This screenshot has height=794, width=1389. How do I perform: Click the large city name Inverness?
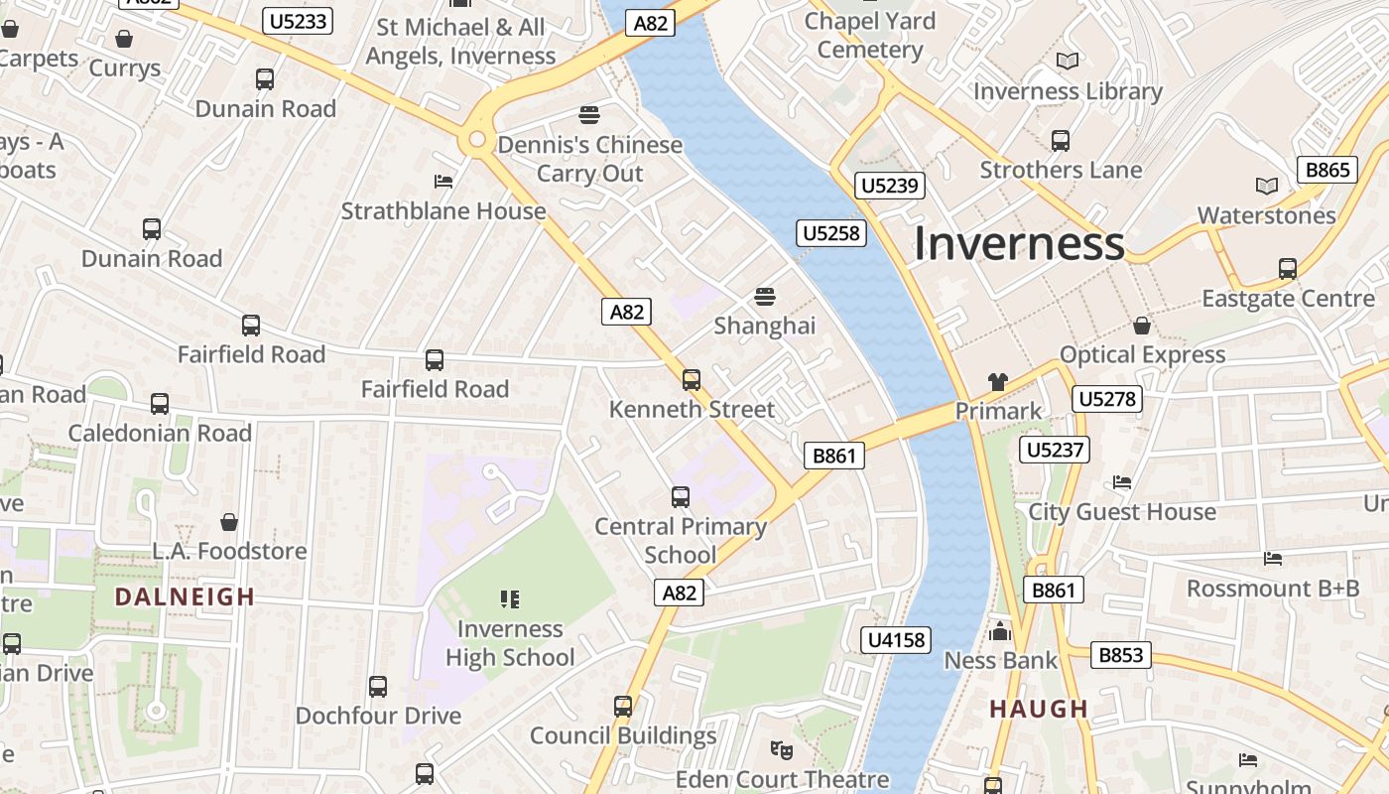pyautogui.click(x=1019, y=244)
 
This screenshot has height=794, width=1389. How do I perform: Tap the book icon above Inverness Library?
pyautogui.click(x=1068, y=62)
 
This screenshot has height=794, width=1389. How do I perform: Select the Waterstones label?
pyautogui.click(x=1266, y=215)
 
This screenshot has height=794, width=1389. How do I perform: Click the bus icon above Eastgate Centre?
pyautogui.click(x=1288, y=268)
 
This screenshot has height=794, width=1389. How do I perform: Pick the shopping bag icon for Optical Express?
pyautogui.click(x=1142, y=326)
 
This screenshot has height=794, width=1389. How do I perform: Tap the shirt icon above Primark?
pyautogui.click(x=998, y=382)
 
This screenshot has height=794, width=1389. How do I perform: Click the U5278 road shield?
pyautogui.click(x=1107, y=399)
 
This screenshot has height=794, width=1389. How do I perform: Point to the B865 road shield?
pyautogui.click(x=1327, y=170)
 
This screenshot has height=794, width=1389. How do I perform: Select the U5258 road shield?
pyautogui.click(x=831, y=233)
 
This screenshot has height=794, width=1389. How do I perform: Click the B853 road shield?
pyautogui.click(x=1122, y=655)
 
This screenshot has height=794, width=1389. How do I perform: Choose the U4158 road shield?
pyautogui.click(x=897, y=640)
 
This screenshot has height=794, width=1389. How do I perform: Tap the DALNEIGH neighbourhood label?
pyautogui.click(x=185, y=596)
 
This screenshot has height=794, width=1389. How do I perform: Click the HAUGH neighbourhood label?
pyautogui.click(x=1039, y=709)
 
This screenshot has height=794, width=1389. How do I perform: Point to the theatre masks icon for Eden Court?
pyautogui.click(x=782, y=749)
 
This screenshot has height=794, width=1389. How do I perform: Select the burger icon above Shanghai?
pyautogui.click(x=764, y=296)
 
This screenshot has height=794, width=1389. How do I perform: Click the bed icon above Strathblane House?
pyautogui.click(x=443, y=182)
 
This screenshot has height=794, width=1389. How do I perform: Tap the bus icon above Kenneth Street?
pyautogui.click(x=692, y=379)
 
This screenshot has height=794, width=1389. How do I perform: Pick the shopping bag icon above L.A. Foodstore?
pyautogui.click(x=229, y=521)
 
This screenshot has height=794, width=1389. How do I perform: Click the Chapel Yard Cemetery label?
pyautogui.click(x=869, y=35)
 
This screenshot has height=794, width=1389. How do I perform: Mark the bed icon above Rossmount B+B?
pyautogui.click(x=1273, y=559)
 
